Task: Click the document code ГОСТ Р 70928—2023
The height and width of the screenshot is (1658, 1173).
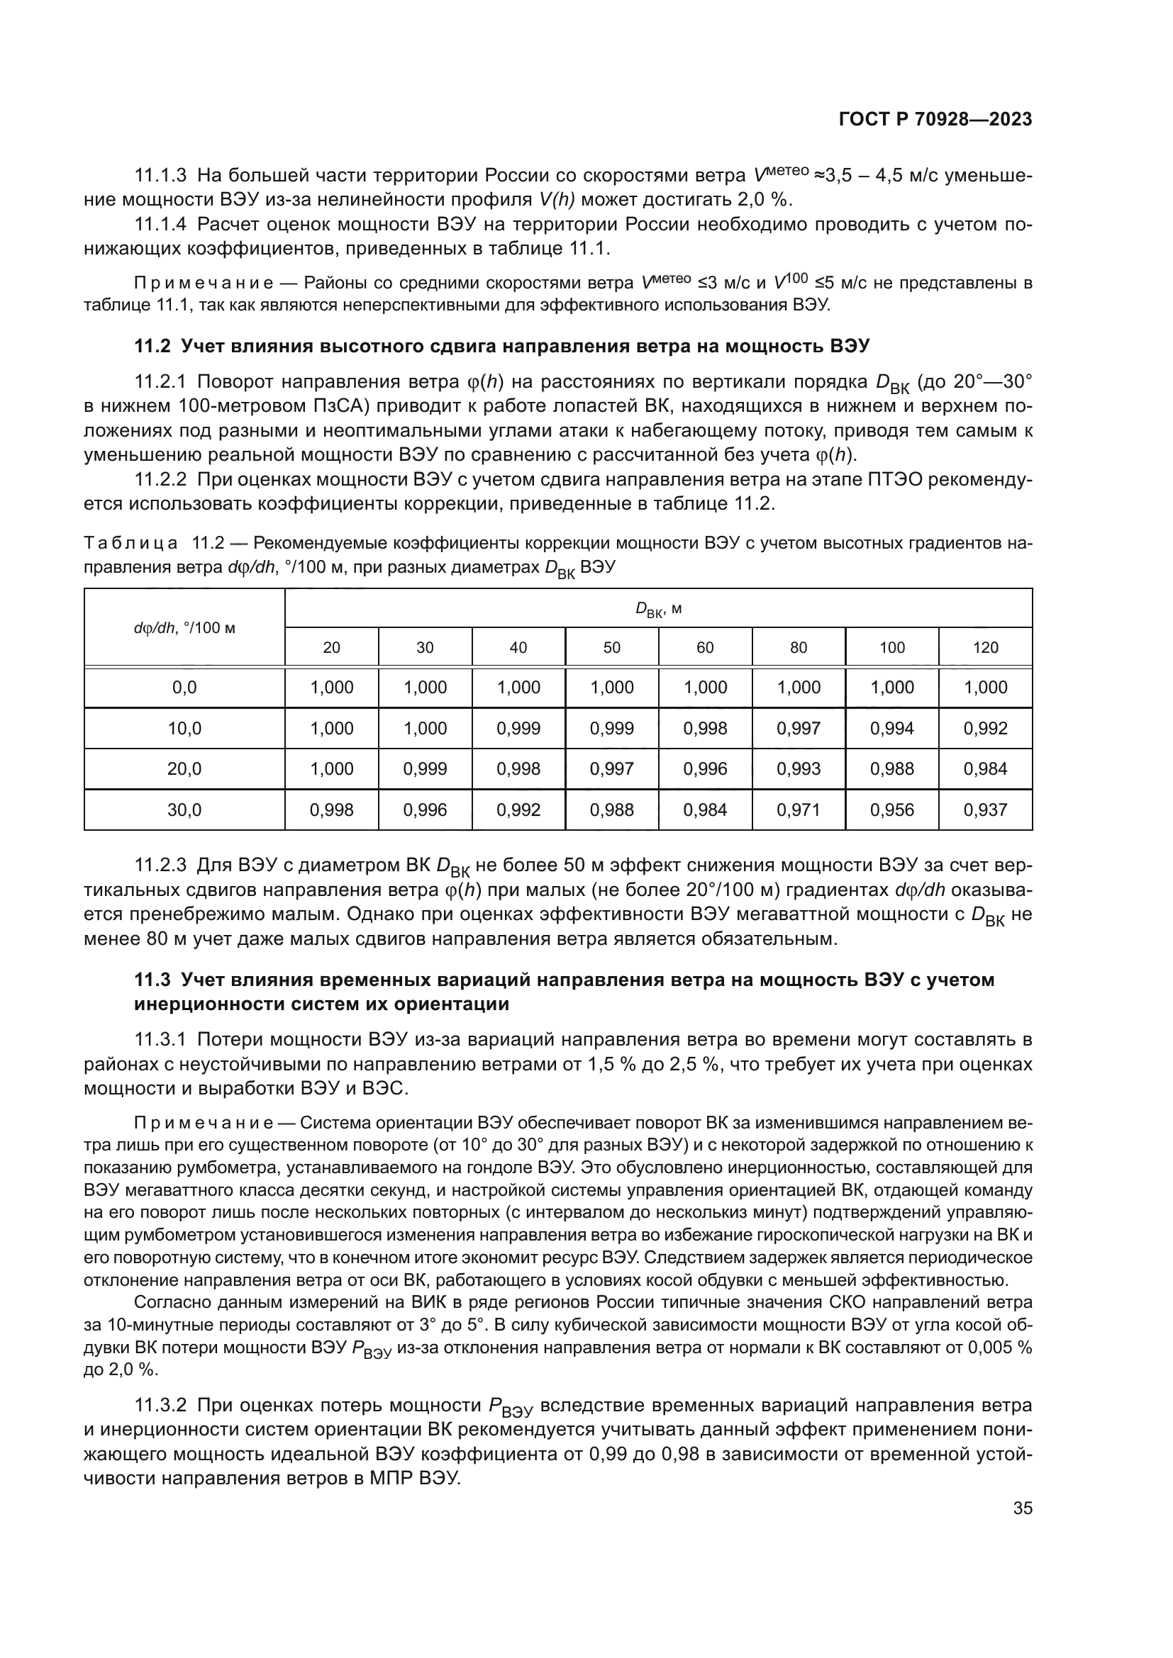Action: click(935, 120)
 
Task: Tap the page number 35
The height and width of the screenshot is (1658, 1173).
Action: click(1022, 1508)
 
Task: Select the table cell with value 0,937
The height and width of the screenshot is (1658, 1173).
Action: click(984, 810)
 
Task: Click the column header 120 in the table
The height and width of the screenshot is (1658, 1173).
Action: click(984, 647)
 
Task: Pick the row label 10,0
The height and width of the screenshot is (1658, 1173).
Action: click(184, 728)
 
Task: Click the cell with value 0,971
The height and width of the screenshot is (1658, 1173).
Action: click(798, 810)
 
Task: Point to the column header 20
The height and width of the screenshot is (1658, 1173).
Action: click(331, 647)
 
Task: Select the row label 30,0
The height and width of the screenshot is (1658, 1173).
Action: click(184, 810)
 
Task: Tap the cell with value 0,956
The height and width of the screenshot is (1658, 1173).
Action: click(891, 810)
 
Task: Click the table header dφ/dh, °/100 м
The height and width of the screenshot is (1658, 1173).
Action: click(184, 627)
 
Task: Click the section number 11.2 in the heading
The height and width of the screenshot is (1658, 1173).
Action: click(152, 347)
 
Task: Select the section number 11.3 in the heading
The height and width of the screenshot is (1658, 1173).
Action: click(152, 980)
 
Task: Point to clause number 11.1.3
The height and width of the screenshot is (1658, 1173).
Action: click(160, 176)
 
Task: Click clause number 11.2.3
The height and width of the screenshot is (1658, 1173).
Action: click(160, 865)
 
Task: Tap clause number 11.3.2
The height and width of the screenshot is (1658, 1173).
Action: click(160, 1405)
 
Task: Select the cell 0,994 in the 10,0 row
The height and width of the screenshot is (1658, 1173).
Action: click(891, 728)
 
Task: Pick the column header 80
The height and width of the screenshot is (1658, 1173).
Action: click(798, 647)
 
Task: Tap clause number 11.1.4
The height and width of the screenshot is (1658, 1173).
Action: click(160, 225)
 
